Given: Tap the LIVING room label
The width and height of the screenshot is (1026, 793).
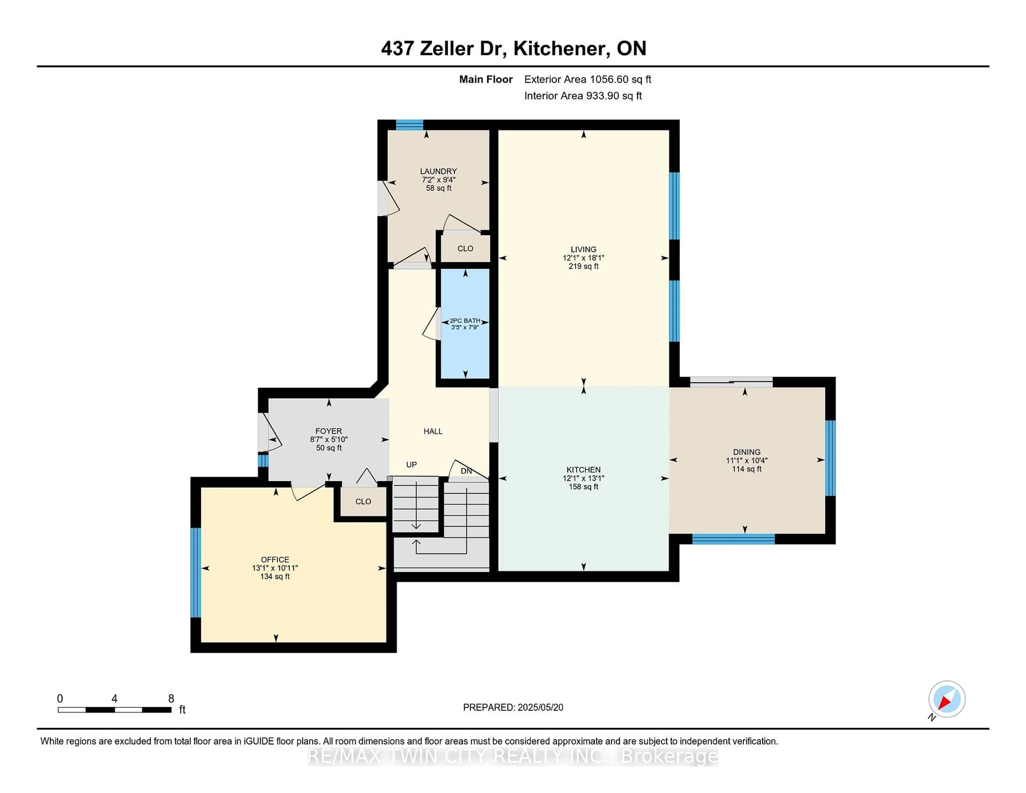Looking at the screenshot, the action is pyautogui.click(x=584, y=250).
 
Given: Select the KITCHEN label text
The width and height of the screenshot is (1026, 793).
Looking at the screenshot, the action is pyautogui.click(x=584, y=470).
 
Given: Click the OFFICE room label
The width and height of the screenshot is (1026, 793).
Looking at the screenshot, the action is pyautogui.click(x=275, y=559).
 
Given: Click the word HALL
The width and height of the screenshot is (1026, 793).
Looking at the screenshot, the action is pyautogui.click(x=433, y=431).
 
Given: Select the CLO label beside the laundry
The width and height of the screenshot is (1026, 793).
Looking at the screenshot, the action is pyautogui.click(x=465, y=248).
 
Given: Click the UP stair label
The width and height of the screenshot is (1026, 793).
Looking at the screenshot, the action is pyautogui.click(x=411, y=465).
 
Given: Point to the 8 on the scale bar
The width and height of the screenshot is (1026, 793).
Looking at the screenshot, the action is pyautogui.click(x=171, y=699).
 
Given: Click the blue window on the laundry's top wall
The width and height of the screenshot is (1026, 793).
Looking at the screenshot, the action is pyautogui.click(x=409, y=125).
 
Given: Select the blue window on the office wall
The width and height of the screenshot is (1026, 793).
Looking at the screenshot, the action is pyautogui.click(x=195, y=572).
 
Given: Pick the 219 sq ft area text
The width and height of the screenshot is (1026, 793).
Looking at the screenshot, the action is pyautogui.click(x=584, y=266).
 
